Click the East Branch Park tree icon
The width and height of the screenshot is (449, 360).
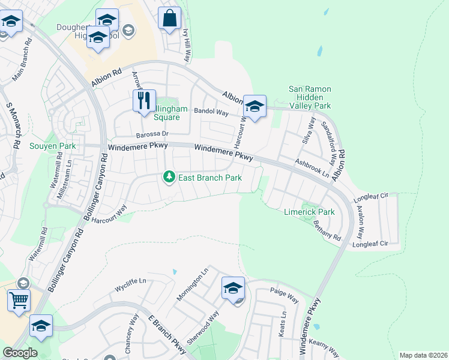169,177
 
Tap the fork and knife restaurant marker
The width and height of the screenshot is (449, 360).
143,101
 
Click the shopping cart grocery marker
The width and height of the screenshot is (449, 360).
19,299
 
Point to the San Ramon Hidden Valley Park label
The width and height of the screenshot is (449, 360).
310,97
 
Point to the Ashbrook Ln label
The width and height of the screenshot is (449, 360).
312,167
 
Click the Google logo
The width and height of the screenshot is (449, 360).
20,353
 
